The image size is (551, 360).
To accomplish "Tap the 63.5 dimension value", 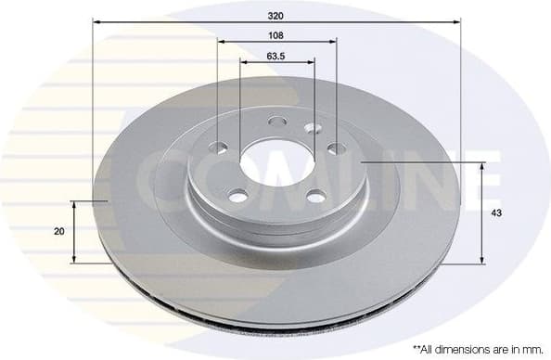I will (275, 56).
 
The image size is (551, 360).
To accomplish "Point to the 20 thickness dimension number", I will (59, 231).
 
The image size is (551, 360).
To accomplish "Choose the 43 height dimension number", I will (497, 213).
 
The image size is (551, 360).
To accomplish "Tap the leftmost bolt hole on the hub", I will (220, 147).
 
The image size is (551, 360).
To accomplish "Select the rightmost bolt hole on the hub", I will (334, 148).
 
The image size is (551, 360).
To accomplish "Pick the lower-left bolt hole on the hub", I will (238, 195).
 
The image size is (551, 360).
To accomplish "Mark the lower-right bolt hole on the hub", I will (316, 195).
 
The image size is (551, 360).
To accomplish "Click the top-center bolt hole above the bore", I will (275, 121).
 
